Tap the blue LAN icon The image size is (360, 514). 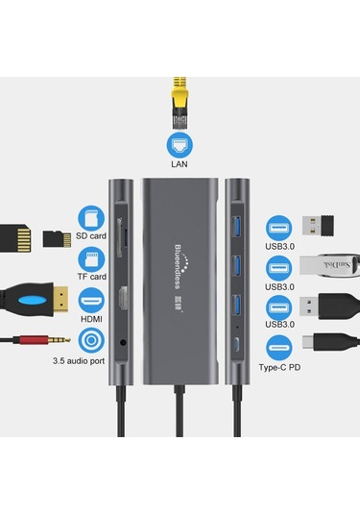[x=180, y=143]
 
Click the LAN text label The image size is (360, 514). [x=180, y=164]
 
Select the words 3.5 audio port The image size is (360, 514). [x=79, y=363]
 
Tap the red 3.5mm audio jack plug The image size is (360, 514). [x=34, y=340]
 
